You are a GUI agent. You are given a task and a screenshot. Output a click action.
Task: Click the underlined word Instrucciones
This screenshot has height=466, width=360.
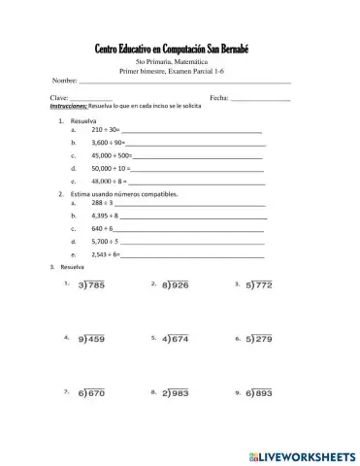click(x=68, y=107)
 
